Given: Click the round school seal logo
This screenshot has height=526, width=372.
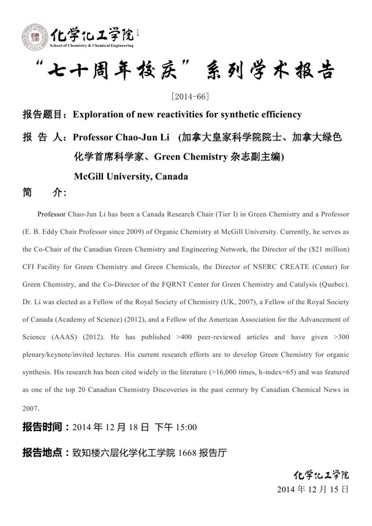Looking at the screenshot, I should [x=35, y=37].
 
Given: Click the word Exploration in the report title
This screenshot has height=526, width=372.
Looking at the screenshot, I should [x=97, y=114].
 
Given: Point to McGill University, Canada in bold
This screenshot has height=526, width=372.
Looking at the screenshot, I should [x=131, y=176].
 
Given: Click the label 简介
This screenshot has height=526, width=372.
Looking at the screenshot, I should [x=45, y=193].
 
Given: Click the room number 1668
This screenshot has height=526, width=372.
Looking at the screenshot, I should [x=188, y=453].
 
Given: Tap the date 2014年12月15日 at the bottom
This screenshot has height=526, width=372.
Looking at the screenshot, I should [x=313, y=489].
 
